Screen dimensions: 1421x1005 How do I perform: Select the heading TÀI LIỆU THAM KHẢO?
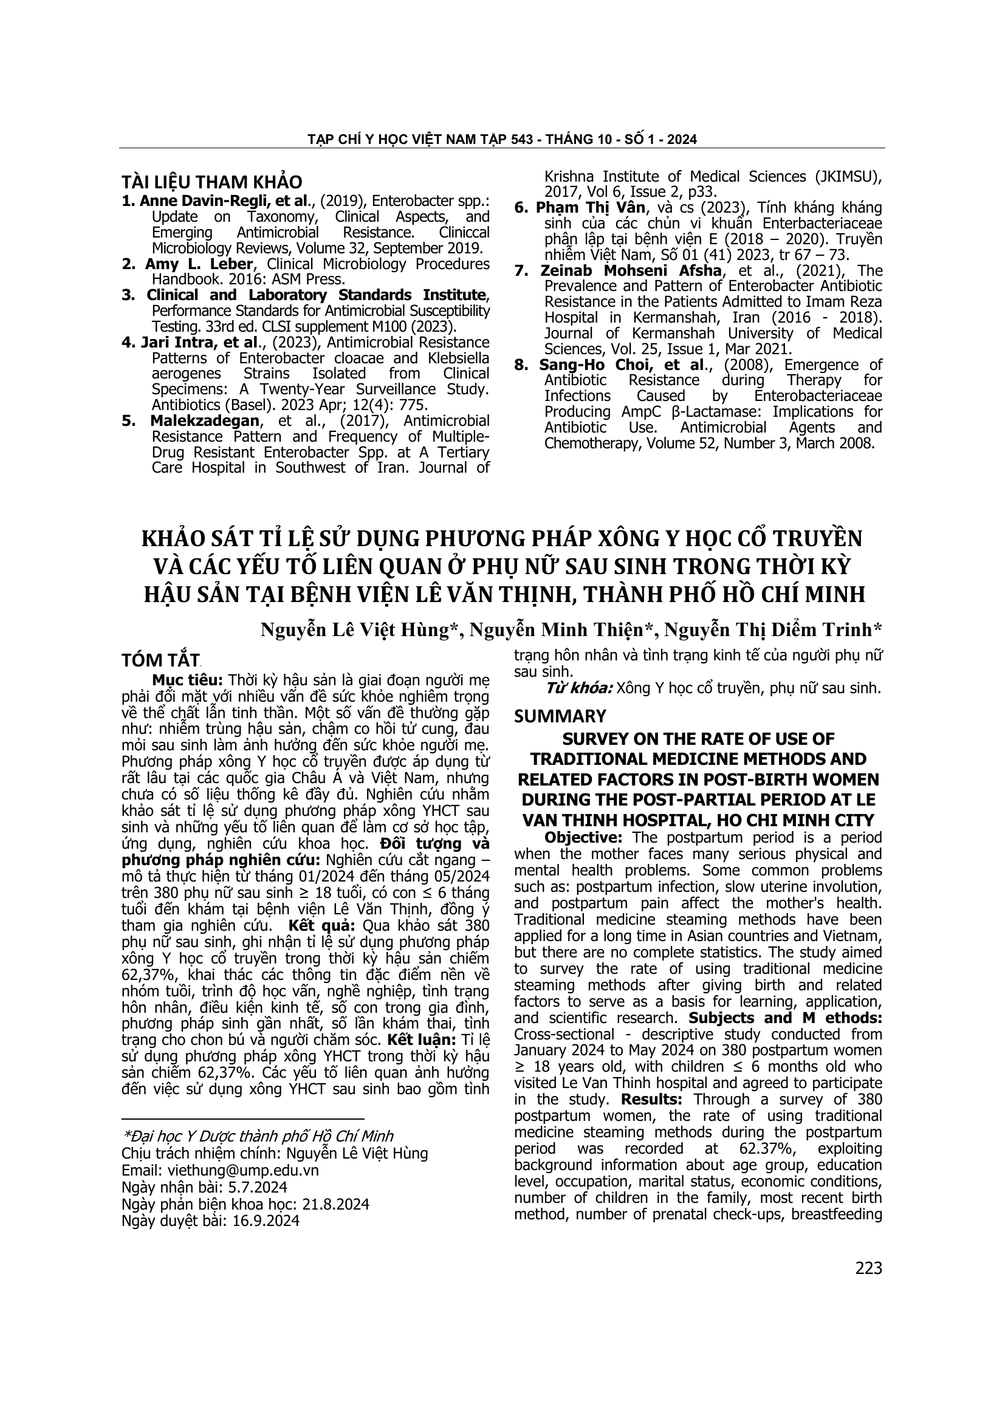211,182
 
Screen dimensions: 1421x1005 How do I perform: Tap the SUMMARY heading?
560,717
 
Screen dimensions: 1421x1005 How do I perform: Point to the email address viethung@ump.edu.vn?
241,1170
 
